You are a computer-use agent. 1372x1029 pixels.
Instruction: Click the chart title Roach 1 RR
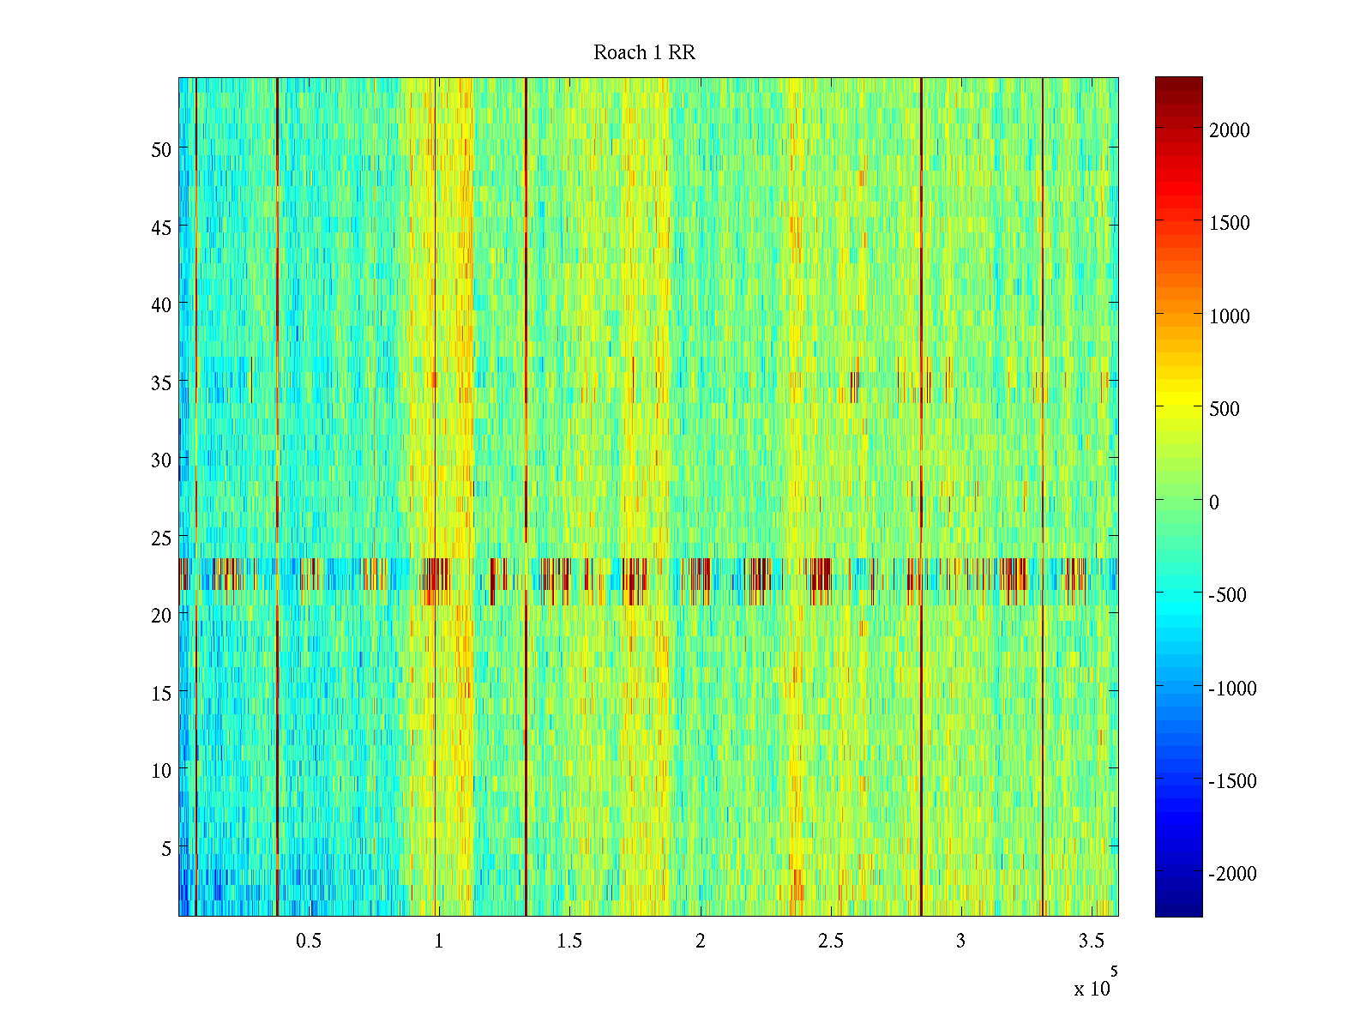click(644, 53)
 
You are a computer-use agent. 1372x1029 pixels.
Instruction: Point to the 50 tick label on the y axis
click(161, 149)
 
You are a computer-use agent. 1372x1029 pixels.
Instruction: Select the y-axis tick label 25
click(161, 538)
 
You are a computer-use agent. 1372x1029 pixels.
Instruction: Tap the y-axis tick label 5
click(166, 848)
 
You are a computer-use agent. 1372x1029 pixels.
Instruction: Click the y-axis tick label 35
click(161, 382)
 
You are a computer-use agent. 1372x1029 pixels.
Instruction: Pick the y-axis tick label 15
click(161, 693)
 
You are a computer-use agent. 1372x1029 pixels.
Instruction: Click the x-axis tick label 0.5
click(309, 942)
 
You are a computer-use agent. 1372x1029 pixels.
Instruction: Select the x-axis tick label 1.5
click(569, 942)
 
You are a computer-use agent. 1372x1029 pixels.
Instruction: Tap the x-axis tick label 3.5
click(1091, 942)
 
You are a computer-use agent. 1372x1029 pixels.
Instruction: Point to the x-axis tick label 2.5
click(830, 942)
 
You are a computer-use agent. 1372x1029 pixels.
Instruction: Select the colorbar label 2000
click(1230, 130)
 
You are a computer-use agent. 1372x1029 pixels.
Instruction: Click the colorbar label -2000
click(1232, 874)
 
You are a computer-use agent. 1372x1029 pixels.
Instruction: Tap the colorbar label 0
click(1213, 502)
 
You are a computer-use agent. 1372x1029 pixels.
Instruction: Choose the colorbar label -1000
click(1232, 689)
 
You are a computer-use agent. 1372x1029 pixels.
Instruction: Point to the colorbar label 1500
click(1230, 223)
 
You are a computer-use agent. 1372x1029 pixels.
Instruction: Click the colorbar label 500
click(1225, 409)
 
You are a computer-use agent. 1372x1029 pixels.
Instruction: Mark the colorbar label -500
click(1227, 595)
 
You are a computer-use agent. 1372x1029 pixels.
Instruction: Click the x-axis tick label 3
click(960, 942)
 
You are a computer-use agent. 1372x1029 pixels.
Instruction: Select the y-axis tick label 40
click(161, 304)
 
